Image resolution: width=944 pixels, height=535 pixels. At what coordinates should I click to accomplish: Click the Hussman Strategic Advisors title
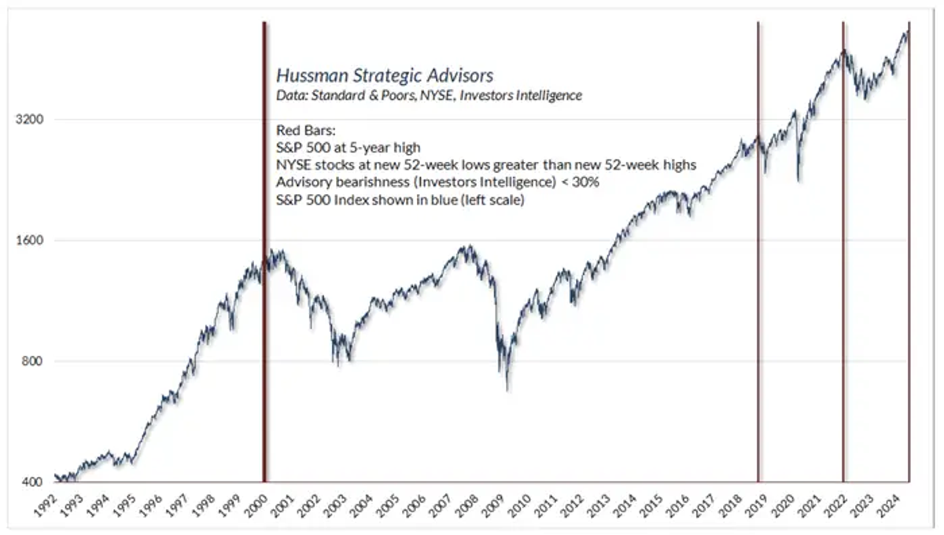pos(385,75)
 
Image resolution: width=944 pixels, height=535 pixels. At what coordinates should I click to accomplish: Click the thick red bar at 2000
pos(264,251)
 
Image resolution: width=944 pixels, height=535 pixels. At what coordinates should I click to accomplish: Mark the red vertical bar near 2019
pos(758,251)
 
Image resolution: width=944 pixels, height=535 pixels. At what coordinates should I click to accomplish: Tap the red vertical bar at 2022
pos(843,251)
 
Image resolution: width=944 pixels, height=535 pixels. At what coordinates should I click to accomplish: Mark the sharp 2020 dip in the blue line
pos(799,180)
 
